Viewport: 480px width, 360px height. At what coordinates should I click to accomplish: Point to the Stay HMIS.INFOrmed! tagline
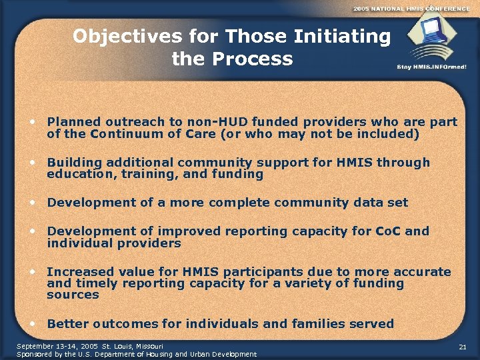click(431, 67)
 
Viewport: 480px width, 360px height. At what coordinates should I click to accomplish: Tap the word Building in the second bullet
click(75, 163)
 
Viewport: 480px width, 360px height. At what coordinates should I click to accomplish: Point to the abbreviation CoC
click(387, 231)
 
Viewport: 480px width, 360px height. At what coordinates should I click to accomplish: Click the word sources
click(73, 295)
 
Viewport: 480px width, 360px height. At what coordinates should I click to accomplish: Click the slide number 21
click(463, 347)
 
